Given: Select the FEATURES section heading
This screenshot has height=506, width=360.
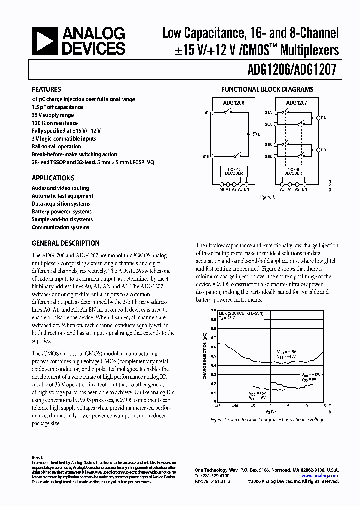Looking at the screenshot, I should (46, 90).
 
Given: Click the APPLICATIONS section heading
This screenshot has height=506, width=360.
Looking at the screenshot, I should (53, 178).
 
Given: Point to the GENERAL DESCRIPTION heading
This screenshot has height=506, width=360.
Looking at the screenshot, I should (65, 243).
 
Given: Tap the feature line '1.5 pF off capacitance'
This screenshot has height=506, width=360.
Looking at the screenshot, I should (57, 107).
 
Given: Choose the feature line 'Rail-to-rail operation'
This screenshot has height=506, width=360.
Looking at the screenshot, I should (56, 147).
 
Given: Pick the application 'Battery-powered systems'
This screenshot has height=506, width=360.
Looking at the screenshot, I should (61, 212).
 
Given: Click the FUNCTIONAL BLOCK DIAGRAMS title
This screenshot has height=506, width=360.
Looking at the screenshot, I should (267, 90).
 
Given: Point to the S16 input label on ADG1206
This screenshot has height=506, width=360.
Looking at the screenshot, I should (206, 157).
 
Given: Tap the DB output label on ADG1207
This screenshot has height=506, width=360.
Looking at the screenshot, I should (323, 149).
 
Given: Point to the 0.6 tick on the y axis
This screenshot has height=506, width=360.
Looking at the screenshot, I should (214, 345).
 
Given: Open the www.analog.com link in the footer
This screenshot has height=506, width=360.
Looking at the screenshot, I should (323, 476).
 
